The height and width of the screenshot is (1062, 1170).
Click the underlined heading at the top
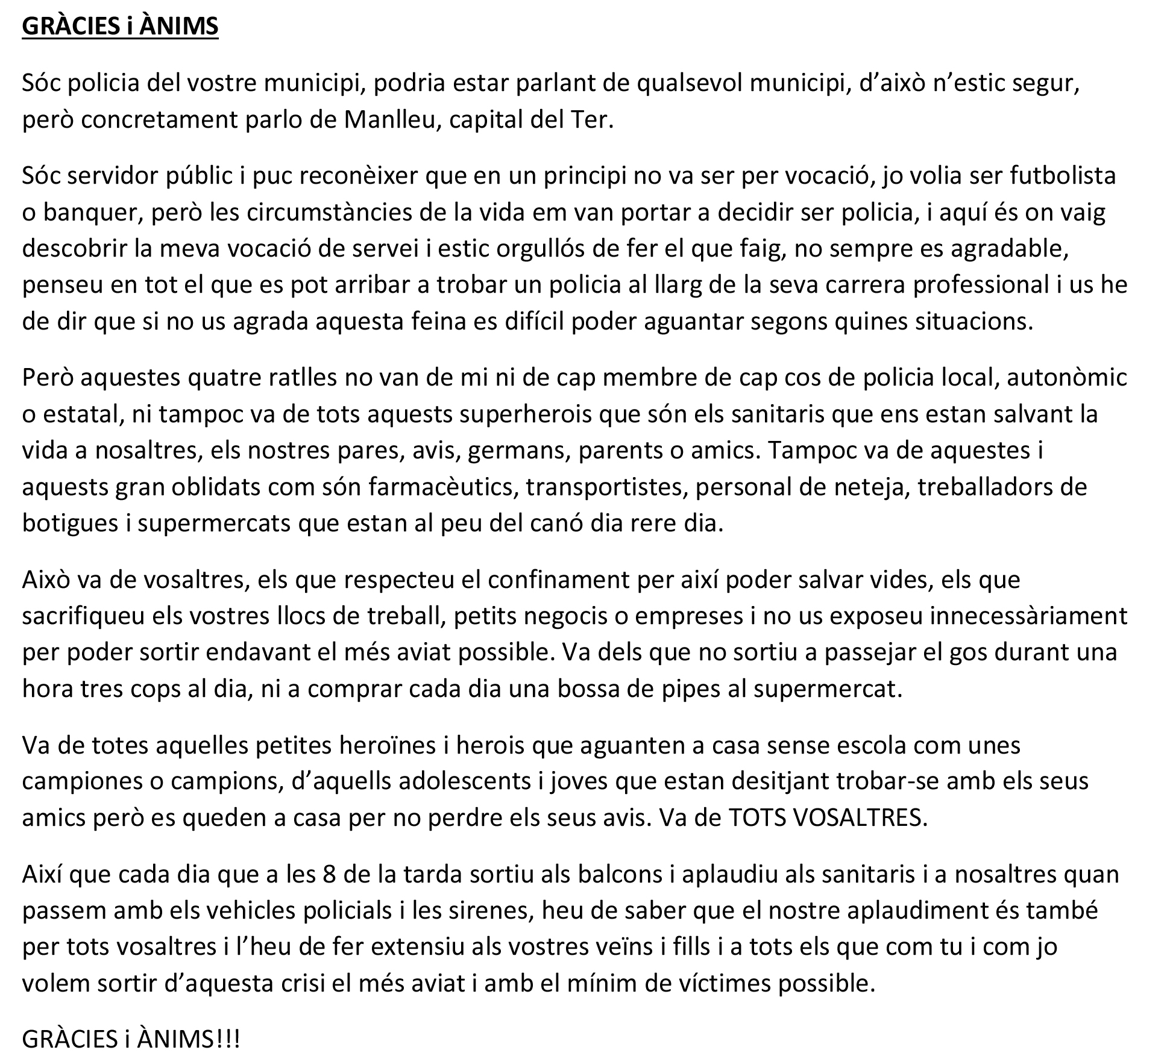[120, 27]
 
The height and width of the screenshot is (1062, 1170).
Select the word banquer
[89, 213]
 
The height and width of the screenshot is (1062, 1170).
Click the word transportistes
[606, 487]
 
